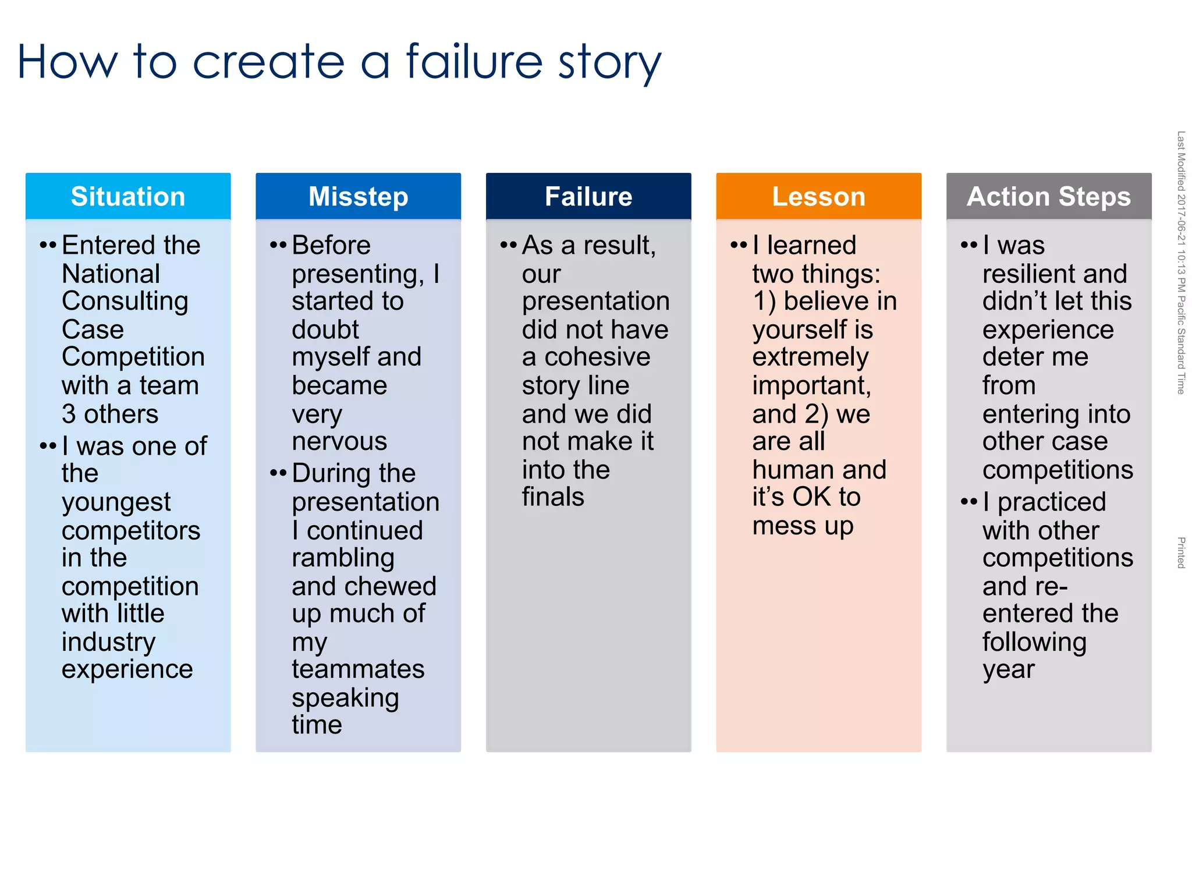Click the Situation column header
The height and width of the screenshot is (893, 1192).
pyautogui.click(x=128, y=196)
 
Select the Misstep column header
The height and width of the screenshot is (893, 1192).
pyautogui.click(x=358, y=196)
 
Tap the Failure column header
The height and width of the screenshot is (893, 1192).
pyautogui.click(x=588, y=196)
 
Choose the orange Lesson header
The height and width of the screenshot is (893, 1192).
pyautogui.click(x=818, y=196)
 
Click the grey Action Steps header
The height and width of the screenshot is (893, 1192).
pyautogui.click(x=1048, y=196)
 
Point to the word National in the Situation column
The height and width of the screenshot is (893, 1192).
pyautogui.click(x=111, y=274)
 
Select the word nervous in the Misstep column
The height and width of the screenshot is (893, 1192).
pyautogui.click(x=339, y=441)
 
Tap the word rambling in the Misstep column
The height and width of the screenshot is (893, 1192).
pyautogui.click(x=343, y=558)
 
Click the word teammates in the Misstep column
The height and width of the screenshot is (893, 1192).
pyautogui.click(x=358, y=669)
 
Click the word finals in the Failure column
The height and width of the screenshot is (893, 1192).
pyautogui.click(x=553, y=497)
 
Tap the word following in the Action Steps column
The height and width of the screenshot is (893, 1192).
pyautogui.click(x=1034, y=642)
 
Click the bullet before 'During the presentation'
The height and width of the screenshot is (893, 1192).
pyautogui.click(x=278, y=473)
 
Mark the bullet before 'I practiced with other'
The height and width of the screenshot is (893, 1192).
pyautogui.click(x=968, y=501)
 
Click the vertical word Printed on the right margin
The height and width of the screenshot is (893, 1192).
pyautogui.click(x=1181, y=552)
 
